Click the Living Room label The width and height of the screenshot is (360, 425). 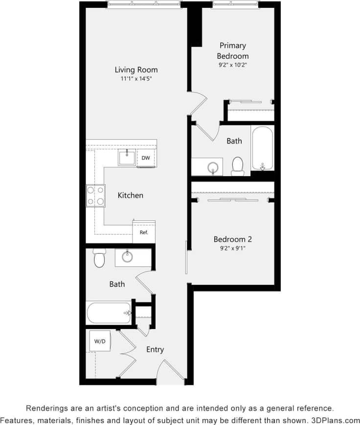click(136, 70)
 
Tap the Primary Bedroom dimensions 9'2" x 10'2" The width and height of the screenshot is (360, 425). click(233, 65)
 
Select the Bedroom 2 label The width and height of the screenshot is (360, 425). click(233, 239)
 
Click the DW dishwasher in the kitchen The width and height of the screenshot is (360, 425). click(146, 158)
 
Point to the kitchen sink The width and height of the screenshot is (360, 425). click(127, 158)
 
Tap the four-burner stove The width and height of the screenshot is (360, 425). click(95, 195)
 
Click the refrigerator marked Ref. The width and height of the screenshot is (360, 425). click(144, 232)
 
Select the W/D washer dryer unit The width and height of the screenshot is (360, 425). click(100, 341)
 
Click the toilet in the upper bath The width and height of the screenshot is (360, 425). click(238, 165)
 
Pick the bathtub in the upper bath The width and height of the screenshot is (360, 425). click(263, 148)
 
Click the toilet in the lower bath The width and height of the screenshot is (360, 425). click(100, 258)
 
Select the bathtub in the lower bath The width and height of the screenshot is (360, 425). click(109, 312)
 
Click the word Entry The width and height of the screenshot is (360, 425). click(155, 350)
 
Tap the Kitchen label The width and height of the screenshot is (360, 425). click(131, 195)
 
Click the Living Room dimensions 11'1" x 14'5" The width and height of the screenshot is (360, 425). click(136, 79)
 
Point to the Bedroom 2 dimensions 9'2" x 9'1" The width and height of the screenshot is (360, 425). click(233, 248)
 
